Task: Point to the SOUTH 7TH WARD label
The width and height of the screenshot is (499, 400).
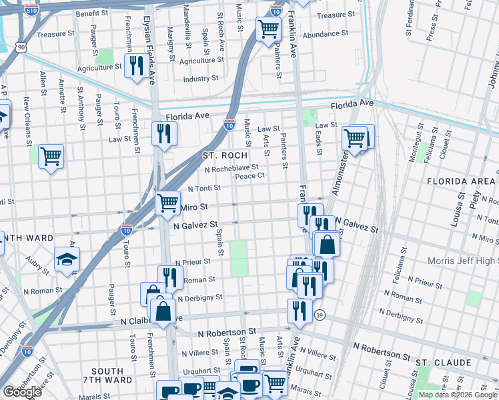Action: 107,375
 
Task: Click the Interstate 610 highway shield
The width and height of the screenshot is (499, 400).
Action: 31,11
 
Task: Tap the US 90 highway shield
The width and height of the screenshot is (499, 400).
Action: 23,47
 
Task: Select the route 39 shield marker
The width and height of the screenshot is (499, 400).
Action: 320,315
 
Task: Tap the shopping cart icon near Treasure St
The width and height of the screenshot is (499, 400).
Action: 268,29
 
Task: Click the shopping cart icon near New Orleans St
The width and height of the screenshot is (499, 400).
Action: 51,157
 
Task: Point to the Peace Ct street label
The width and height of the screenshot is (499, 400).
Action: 250,176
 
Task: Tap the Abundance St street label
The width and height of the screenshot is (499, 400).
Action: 326,33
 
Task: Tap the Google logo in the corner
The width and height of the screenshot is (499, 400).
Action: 22,392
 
